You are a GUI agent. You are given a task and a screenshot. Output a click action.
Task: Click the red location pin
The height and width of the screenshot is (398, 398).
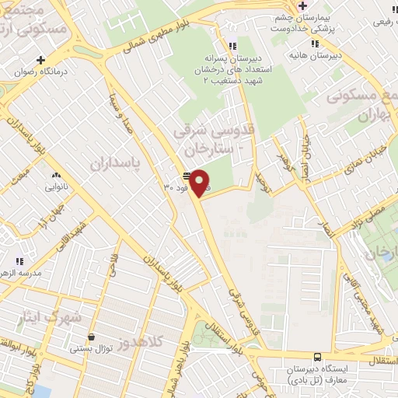[x=200, y=183]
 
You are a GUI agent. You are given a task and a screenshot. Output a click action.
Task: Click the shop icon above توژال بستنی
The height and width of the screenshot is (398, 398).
[x=93, y=337]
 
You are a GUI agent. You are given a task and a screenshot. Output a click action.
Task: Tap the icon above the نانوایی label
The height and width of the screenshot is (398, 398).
[x=55, y=176]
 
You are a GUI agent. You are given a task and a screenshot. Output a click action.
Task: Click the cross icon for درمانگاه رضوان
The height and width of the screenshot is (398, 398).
[x=40, y=60]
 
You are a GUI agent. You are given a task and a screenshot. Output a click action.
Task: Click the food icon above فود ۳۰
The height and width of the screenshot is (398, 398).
[x=186, y=176]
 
